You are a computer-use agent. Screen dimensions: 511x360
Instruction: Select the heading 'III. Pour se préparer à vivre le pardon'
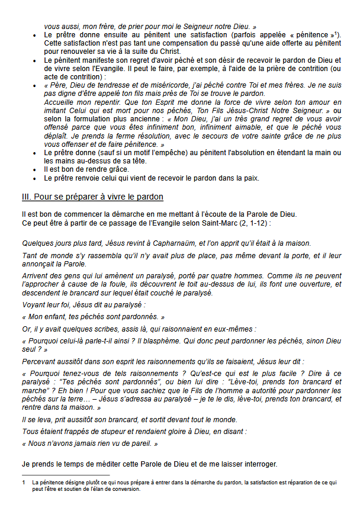point(92,197)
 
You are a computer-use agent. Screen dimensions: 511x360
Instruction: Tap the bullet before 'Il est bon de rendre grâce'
point(36,169)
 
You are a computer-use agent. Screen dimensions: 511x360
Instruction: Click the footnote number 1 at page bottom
point(22,483)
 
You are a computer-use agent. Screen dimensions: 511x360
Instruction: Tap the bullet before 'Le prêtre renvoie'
point(36,178)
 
